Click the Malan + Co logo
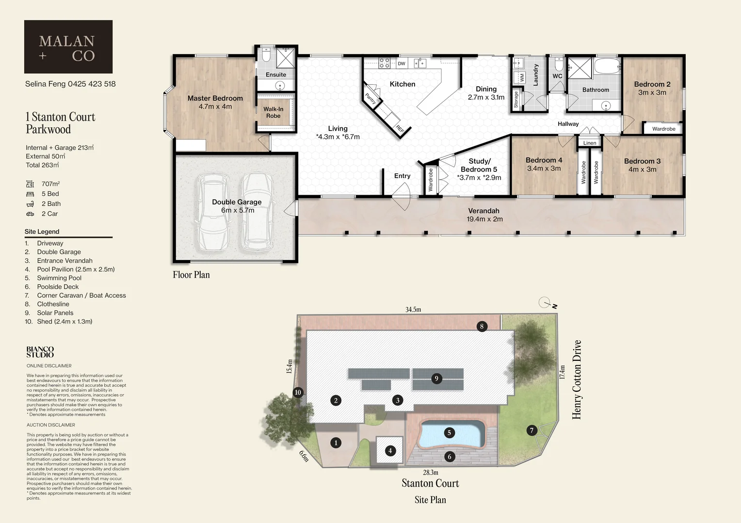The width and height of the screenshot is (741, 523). pyautogui.click(x=68, y=47)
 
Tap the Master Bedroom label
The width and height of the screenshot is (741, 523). pyautogui.click(x=215, y=98)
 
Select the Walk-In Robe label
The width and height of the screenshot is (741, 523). pyautogui.click(x=273, y=112)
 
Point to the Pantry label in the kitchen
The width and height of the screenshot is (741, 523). pyautogui.click(x=370, y=99)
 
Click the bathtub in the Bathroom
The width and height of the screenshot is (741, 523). pyautogui.click(x=606, y=66)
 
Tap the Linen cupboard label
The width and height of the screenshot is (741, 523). pyautogui.click(x=590, y=143)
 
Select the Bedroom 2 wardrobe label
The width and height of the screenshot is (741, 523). pyautogui.click(x=663, y=129)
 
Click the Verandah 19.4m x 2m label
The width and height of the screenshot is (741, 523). pyautogui.click(x=484, y=215)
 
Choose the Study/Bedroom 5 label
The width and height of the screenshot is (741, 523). pyautogui.click(x=479, y=169)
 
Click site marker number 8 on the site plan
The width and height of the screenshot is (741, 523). pyautogui.click(x=482, y=326)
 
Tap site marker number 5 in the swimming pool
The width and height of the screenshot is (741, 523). pyautogui.click(x=449, y=433)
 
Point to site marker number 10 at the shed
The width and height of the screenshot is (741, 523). pyautogui.click(x=298, y=392)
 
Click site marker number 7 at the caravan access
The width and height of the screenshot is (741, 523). pyautogui.click(x=532, y=430)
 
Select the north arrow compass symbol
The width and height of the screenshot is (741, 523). pyautogui.click(x=546, y=303)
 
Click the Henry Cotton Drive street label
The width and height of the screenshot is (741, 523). pyautogui.click(x=577, y=379)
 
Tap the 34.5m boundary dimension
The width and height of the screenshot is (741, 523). pyautogui.click(x=413, y=309)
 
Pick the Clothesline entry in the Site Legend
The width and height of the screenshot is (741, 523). pyautogui.click(x=53, y=304)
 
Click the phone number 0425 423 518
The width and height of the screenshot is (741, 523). pyautogui.click(x=92, y=84)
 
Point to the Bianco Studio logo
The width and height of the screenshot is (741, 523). pyautogui.click(x=40, y=352)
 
